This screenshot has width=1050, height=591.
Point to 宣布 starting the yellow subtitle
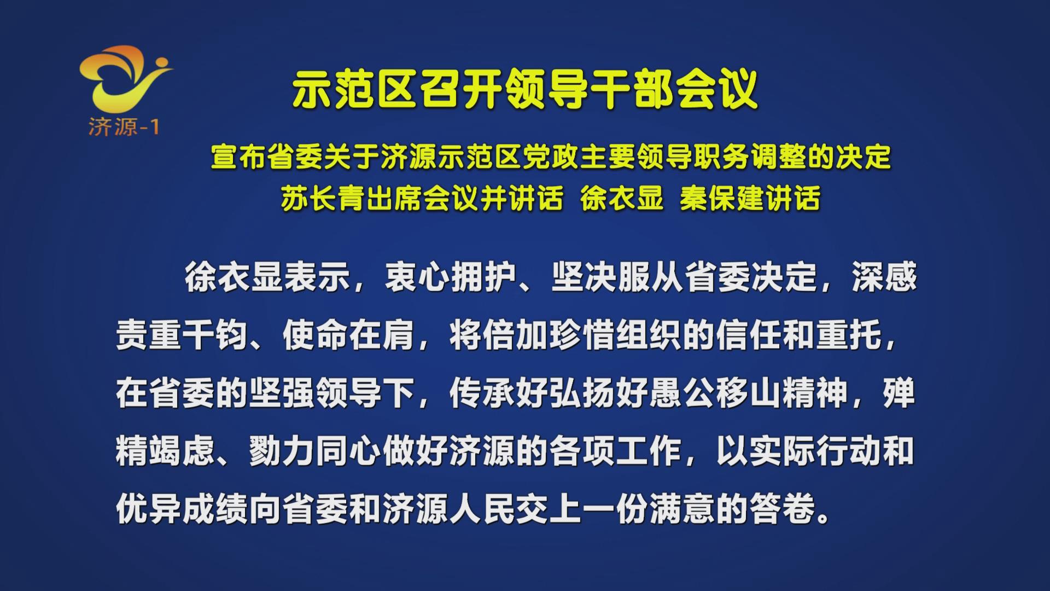tap(239, 158)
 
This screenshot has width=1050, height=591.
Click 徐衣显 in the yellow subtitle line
tap(621, 198)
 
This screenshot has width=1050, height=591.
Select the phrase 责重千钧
tap(182, 335)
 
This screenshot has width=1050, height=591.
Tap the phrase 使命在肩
tap(348, 335)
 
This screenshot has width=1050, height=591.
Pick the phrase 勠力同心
tap(315, 451)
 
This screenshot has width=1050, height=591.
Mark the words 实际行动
tap(815, 451)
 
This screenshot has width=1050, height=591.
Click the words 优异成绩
tap(182, 509)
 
